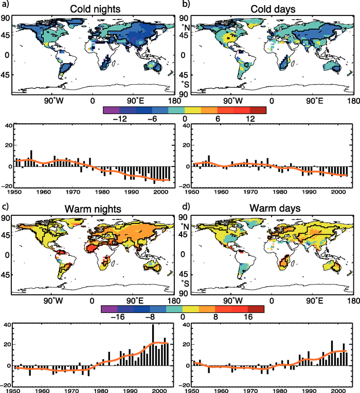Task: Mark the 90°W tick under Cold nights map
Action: click(50, 101)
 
